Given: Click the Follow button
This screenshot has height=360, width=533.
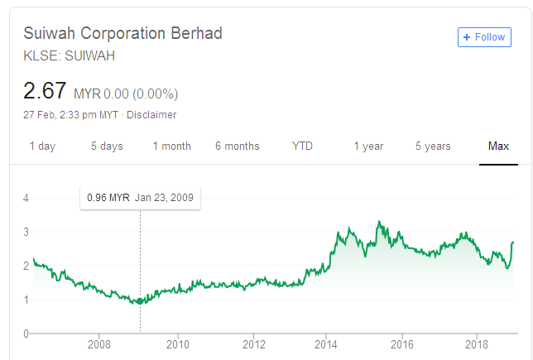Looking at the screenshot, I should coord(484,37).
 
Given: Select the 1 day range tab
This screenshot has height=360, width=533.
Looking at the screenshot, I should coord(42,146).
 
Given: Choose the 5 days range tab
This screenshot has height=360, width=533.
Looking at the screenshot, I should coord(107,146).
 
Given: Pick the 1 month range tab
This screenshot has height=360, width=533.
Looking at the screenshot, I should coord(171,146).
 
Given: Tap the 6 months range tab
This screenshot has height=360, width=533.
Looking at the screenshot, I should coord(237,146).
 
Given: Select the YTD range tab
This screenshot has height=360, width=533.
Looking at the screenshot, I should coord(302,146).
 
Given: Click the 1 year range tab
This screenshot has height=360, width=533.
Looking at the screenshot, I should coord(368,146).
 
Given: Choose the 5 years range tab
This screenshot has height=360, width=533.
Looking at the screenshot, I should coord(433,146).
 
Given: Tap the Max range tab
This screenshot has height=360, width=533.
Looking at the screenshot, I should coord(498,146).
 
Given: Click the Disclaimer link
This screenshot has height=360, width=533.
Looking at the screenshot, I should coord(155,115).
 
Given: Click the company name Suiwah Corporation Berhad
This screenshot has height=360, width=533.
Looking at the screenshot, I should coord(122,34).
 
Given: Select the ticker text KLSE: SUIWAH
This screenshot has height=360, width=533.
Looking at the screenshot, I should coord(69,56).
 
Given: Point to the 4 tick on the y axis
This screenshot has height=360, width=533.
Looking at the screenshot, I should coord(26,198).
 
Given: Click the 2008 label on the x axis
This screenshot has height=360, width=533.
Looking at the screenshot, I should coord(99,343).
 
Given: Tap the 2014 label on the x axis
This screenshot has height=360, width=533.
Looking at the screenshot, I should coord(327,343).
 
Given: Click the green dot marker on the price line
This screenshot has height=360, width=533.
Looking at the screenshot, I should coord(140,301).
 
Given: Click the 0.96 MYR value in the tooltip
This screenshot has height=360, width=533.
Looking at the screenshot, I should coord(108,198).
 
